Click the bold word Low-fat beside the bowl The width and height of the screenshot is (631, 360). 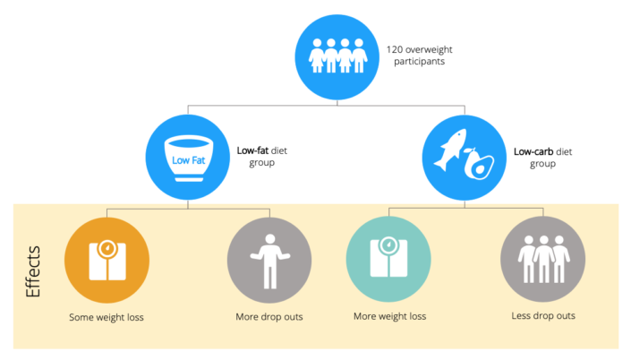[253, 150]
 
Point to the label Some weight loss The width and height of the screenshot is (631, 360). [106, 317]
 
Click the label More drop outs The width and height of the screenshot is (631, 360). [269, 317]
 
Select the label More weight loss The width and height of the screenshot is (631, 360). [389, 317]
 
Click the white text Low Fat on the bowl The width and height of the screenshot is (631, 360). [188, 161]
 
